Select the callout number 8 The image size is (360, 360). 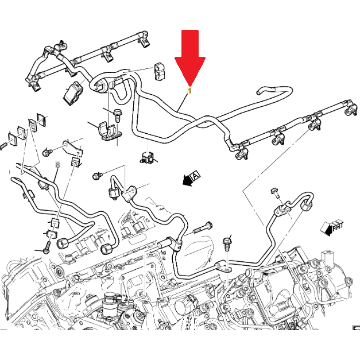pyautogui.click(x=57, y=165)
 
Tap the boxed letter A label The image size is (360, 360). pyautogui.click(x=196, y=175)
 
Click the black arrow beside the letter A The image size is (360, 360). pyautogui.click(x=185, y=182)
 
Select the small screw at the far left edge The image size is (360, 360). pyautogui.click(x=3, y=147)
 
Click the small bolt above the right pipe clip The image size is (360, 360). pyautogui.click(x=273, y=191)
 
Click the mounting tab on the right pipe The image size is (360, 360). pyautogui.click(x=224, y=266)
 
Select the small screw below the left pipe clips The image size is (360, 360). pyautogui.click(x=47, y=250)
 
